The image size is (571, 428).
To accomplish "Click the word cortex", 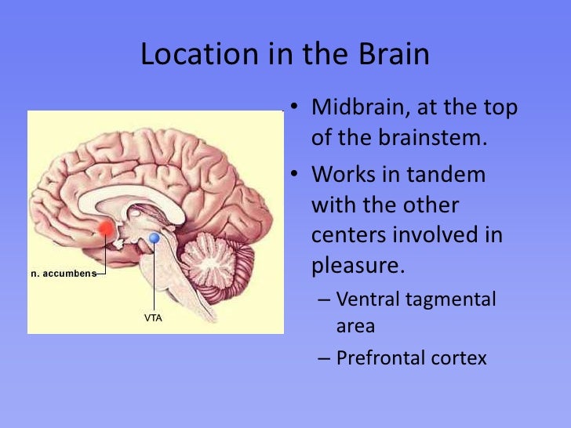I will click(459, 358).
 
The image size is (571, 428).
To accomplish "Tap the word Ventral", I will click(367, 299).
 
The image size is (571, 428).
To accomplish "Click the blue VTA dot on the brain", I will click(155, 238).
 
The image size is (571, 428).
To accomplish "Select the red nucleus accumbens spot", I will click(104, 229).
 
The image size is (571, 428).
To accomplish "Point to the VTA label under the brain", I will click(153, 318).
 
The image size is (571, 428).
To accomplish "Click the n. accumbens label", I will click(63, 274).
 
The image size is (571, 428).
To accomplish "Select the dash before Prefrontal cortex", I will click(324, 359).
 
